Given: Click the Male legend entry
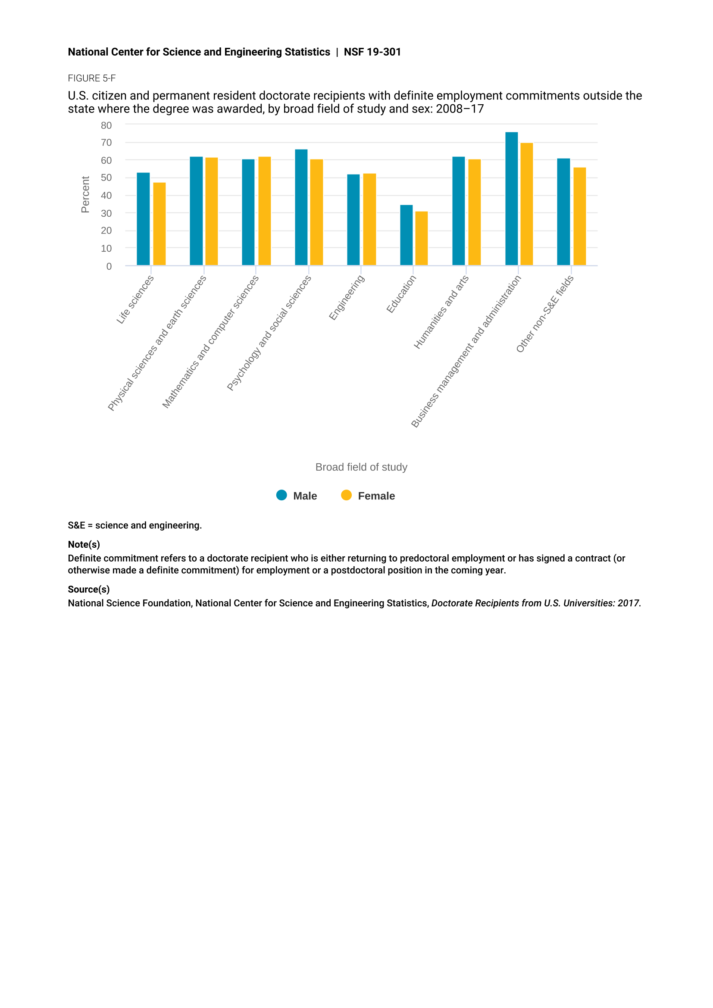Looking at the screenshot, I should [297, 496].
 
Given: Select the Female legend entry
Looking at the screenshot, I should [368, 496].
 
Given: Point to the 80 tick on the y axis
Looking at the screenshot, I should [106, 125].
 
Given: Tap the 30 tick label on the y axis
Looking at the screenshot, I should [106, 213].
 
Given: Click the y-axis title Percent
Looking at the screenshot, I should [85, 194].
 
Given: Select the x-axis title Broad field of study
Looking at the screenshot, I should [361, 467].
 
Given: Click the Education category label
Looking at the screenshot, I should [401, 294].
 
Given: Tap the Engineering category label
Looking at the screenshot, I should [347, 298].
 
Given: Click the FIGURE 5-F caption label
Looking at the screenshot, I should [92, 78].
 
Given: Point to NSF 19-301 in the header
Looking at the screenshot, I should [372, 52].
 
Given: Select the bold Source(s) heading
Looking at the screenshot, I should [89, 589].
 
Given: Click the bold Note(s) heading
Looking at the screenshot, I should [84, 544].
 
